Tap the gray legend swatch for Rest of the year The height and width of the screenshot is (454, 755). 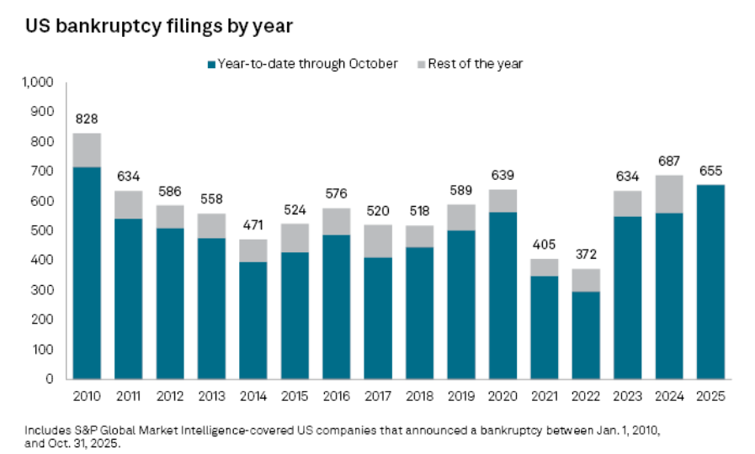(x=420, y=64)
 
